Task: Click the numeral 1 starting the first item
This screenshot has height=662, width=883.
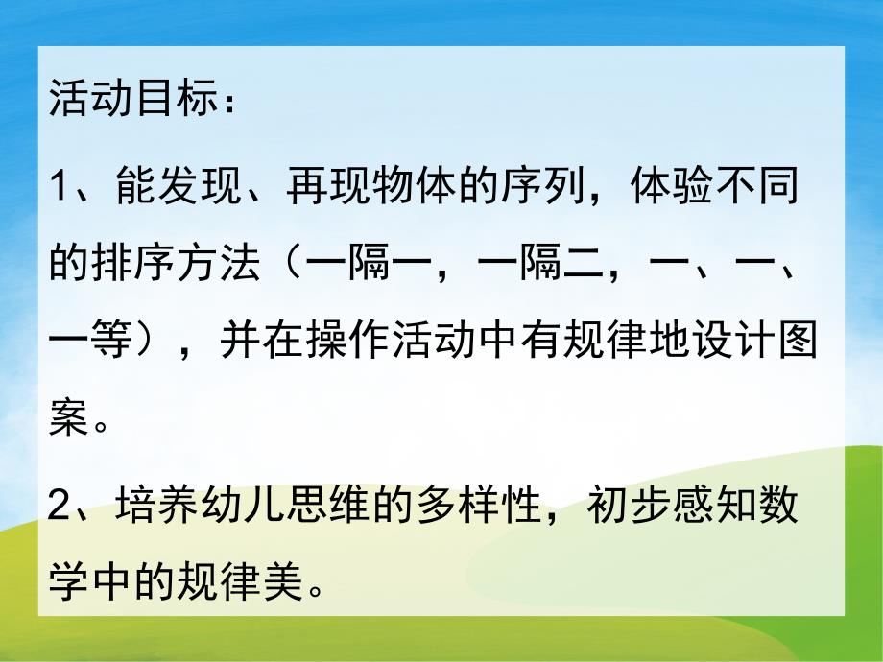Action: click(60, 183)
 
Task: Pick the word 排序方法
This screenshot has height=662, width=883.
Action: click(175, 261)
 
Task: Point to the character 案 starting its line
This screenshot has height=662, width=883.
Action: click(69, 419)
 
